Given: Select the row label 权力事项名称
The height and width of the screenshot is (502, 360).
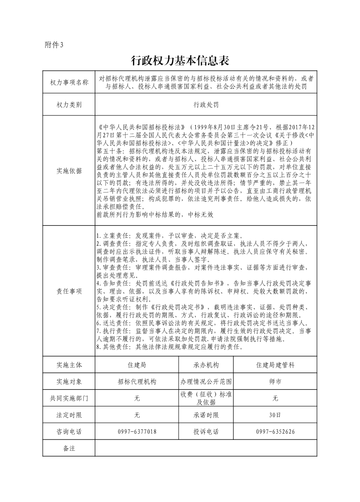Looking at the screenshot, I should (69, 82).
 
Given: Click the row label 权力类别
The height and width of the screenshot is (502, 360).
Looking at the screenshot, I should (69, 105).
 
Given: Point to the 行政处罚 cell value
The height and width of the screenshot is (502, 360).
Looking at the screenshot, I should (206, 105).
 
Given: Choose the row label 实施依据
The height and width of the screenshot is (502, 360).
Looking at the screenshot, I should (69, 171).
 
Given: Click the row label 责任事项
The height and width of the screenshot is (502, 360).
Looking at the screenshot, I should (69, 291).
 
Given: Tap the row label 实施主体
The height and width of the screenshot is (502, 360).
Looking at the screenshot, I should (69, 365).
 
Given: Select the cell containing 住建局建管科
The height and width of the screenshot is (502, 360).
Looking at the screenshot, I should (275, 365).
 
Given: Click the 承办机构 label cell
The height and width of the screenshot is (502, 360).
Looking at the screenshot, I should (206, 365).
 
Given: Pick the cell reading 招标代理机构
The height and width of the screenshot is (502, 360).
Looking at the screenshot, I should (136, 381).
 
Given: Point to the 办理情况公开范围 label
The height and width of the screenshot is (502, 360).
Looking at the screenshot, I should (206, 381).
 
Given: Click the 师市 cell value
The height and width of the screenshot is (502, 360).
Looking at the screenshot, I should (275, 381).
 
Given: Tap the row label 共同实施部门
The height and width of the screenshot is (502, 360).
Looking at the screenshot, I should (69, 398).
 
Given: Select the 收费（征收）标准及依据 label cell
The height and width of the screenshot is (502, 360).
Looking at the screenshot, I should (206, 398).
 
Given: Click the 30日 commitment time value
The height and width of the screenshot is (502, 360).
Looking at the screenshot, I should (275, 415).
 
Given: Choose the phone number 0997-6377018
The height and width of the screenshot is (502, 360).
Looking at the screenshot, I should (136, 432).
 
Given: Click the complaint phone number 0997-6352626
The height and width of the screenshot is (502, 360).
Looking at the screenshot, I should (275, 432).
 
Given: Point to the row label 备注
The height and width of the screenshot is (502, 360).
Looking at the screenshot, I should (69, 448).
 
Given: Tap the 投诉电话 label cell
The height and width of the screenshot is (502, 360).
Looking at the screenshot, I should (206, 432).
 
